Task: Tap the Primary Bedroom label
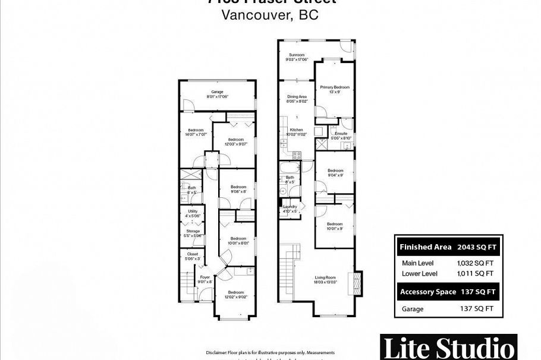(x=335, y=87)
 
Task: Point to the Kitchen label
(x=296, y=130)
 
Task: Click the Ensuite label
(x=341, y=134)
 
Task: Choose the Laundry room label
(x=290, y=206)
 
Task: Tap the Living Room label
(x=325, y=277)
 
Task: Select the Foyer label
(x=205, y=277)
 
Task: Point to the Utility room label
(x=193, y=211)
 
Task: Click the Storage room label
(x=193, y=231)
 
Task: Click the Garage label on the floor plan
(x=218, y=91)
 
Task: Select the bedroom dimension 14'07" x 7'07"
(x=197, y=135)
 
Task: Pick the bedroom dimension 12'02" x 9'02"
(x=235, y=297)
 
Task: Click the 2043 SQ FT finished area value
(x=476, y=247)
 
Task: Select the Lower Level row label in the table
(x=420, y=273)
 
